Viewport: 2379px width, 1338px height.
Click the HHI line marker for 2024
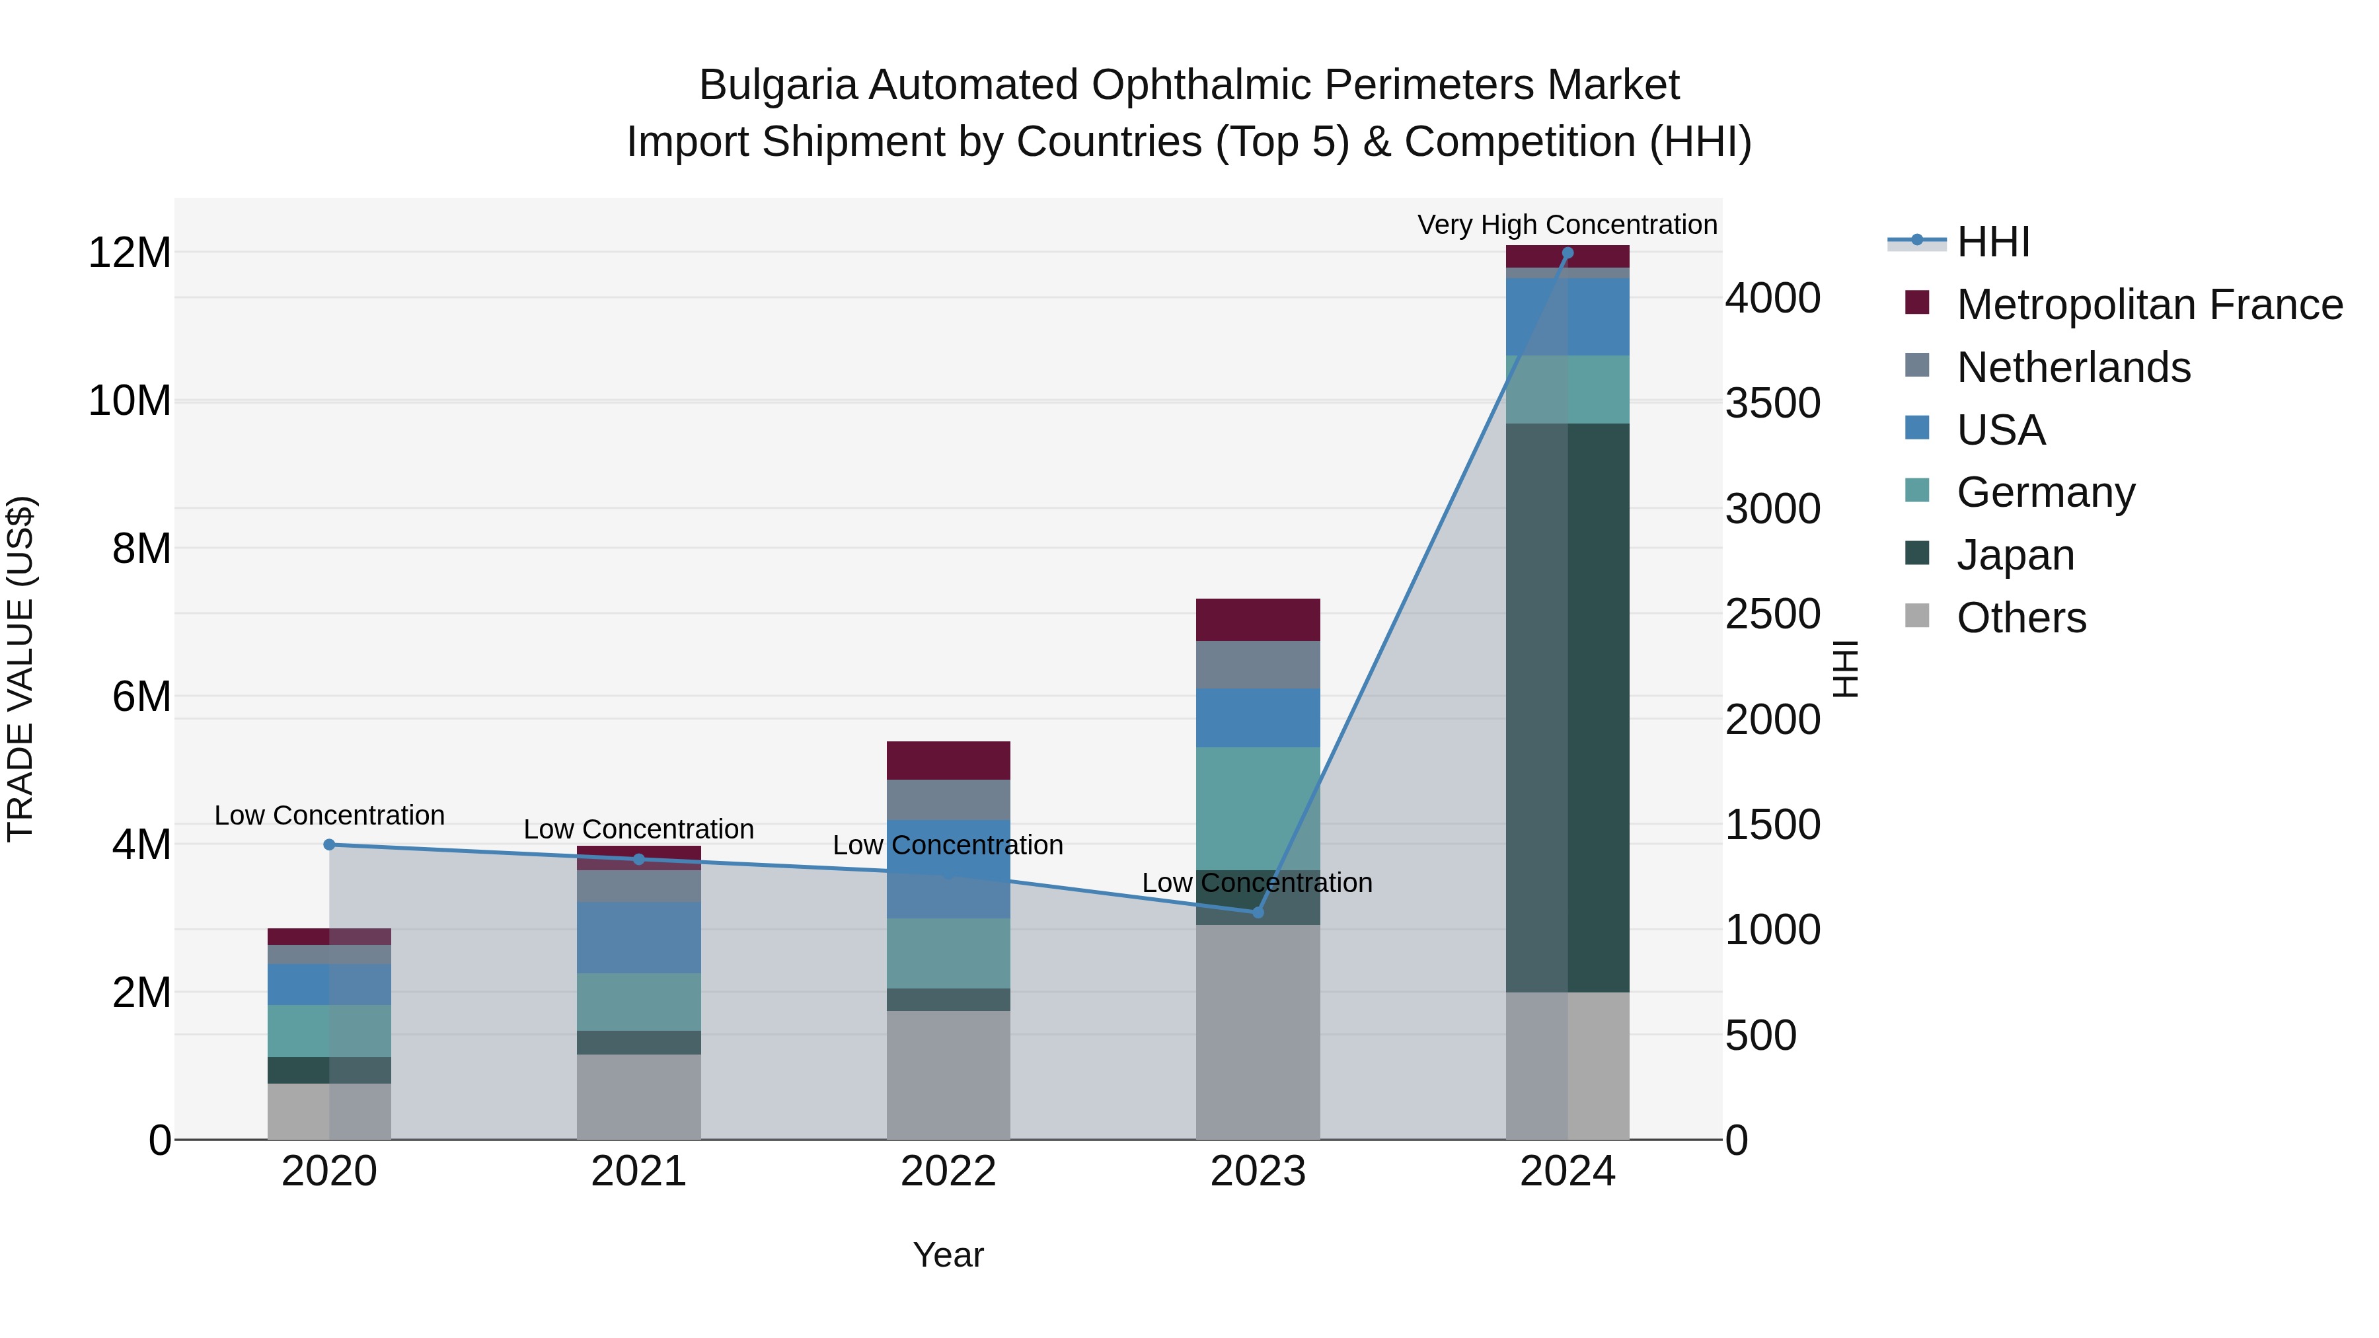pos(1567,253)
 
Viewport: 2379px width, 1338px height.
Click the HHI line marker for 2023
pos(1258,912)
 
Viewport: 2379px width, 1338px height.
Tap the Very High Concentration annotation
pos(1567,225)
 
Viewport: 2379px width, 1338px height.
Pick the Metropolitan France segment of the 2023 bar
pos(1258,620)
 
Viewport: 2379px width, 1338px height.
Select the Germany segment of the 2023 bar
pos(1258,808)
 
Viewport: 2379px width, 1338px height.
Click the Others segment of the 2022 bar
pos(948,1075)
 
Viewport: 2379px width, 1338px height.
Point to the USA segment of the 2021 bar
pos(639,937)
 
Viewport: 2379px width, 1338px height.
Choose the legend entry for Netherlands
pos(2073,367)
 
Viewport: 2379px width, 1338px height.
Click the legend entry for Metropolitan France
pos(2149,305)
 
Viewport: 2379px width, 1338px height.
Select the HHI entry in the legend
pos(1993,242)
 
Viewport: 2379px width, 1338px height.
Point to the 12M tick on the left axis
pos(130,253)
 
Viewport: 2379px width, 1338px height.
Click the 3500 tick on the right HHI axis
pos(1772,404)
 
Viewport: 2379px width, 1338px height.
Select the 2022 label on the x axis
pos(948,1171)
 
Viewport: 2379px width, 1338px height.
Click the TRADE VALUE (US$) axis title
pos(20,669)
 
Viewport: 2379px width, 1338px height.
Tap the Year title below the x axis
pos(948,1255)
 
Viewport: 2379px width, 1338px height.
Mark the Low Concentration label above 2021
pos(639,829)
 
